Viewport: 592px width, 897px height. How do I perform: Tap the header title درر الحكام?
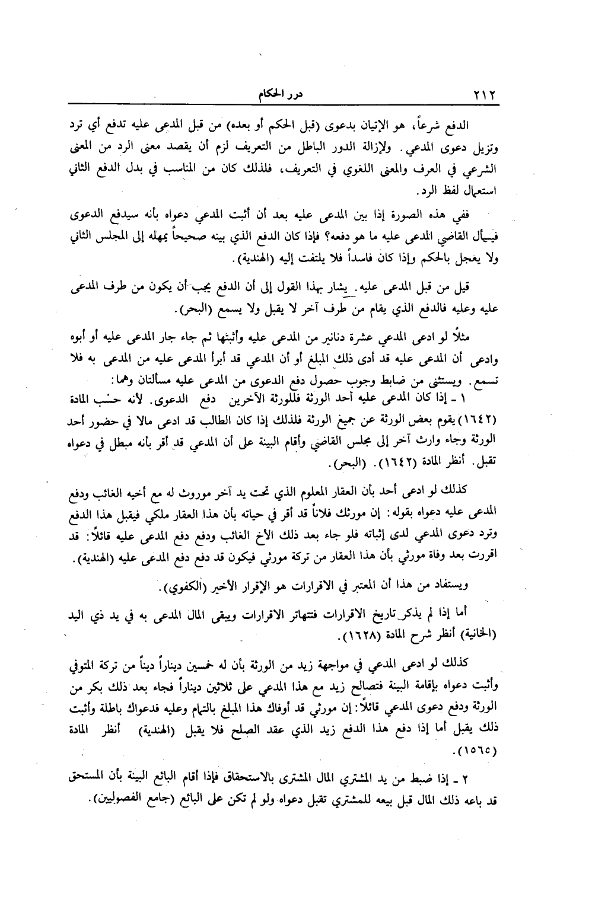(263, 95)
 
